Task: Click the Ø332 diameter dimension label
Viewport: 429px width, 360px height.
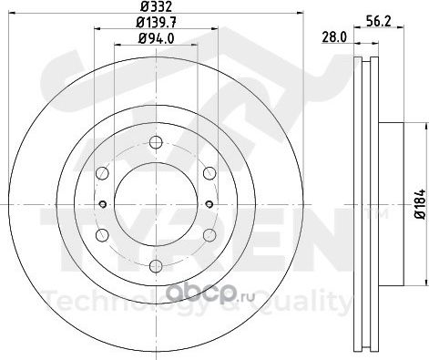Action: pyautogui.click(x=157, y=6)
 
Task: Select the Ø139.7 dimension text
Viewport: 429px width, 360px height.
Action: pyautogui.click(x=157, y=22)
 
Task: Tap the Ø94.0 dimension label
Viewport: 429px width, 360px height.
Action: pyautogui.click(x=157, y=38)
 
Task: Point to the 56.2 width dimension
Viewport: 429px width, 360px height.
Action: pyautogui.click(x=378, y=22)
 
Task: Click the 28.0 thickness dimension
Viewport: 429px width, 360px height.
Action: pyautogui.click(x=334, y=37)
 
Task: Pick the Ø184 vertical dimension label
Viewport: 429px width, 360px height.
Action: pyautogui.click(x=420, y=204)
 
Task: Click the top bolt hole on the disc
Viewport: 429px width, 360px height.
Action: pyautogui.click(x=156, y=142)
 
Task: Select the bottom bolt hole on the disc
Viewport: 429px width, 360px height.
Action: pyautogui.click(x=156, y=266)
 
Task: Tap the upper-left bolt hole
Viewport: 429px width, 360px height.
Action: pyautogui.click(x=102, y=173)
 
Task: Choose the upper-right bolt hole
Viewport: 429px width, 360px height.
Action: pyautogui.click(x=209, y=173)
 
